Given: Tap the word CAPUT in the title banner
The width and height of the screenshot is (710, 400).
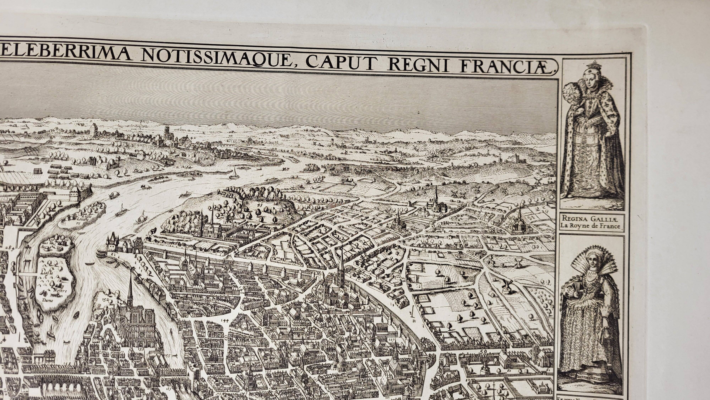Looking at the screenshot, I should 338,65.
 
